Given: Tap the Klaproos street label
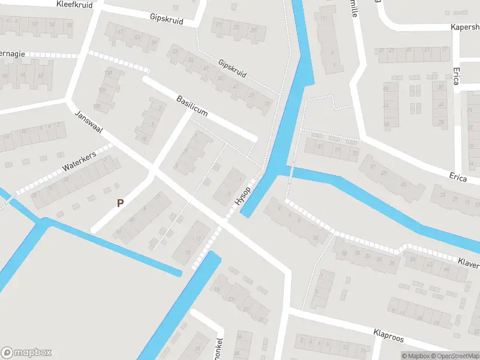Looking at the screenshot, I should [x=388, y=335].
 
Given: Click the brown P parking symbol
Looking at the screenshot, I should [x=120, y=203].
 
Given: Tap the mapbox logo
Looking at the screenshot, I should [x=26, y=352].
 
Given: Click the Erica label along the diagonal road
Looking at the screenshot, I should [x=458, y=176].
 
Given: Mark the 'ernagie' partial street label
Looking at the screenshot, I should [x=13, y=53].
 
